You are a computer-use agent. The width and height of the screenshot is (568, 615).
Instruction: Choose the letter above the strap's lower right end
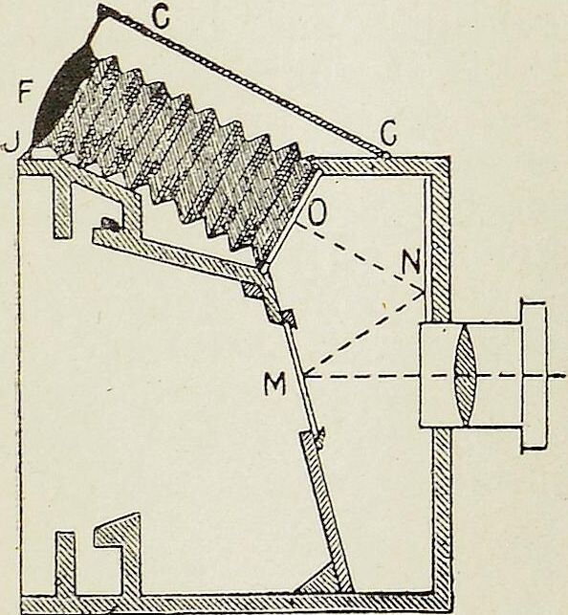388,134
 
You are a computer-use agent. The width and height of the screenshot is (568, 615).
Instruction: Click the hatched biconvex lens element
466,375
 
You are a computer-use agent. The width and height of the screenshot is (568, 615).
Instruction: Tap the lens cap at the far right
534,376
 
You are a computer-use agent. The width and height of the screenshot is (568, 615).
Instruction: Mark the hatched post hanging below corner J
63,206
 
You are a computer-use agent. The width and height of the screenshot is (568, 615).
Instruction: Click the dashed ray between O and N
360,257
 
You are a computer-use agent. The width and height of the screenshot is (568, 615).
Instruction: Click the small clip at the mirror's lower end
320,438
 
